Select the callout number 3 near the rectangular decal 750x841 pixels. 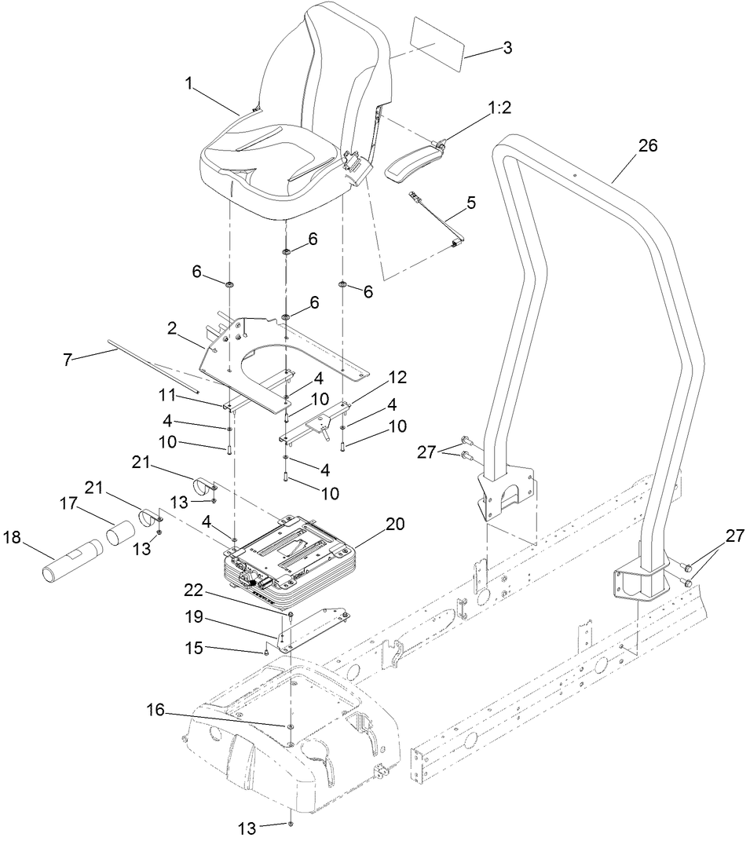pos(507,48)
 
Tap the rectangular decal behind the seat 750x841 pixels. pos(437,41)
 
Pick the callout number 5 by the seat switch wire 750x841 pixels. pos(470,202)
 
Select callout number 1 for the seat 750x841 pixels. pos(188,82)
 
